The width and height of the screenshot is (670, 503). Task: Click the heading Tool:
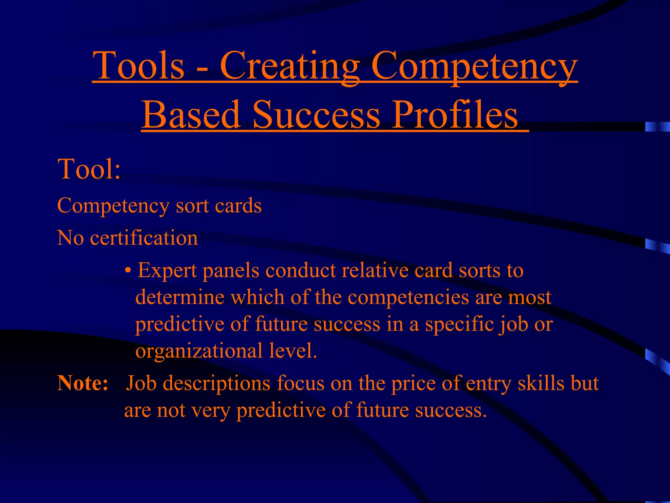(89, 169)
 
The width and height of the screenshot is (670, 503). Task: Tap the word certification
(144, 238)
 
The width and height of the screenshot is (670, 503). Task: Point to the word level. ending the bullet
(293, 351)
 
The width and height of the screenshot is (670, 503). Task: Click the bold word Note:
(83, 383)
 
